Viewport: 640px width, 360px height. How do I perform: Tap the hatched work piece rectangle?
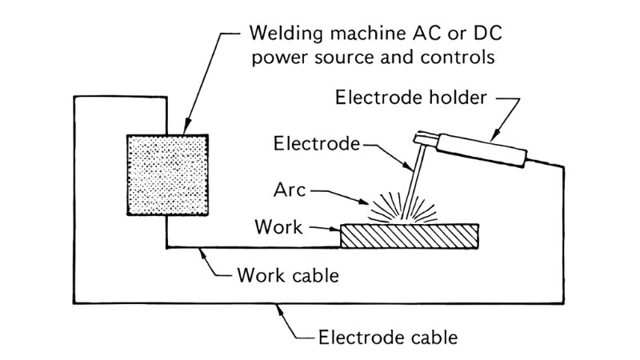[x=410, y=236]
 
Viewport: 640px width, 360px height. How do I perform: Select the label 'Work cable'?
[x=289, y=277]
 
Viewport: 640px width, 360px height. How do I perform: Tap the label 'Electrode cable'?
[x=388, y=336]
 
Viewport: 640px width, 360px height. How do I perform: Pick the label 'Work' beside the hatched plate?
[x=278, y=227]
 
